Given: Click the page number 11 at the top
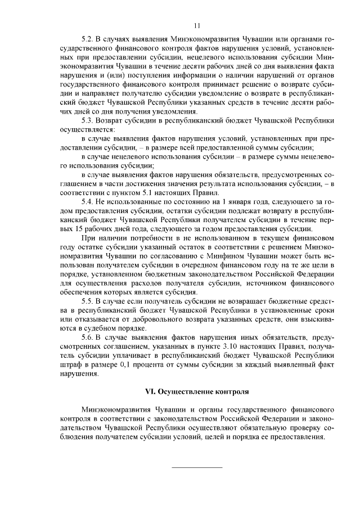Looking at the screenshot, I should (x=197, y=25).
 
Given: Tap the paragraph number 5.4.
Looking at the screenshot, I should (x=88, y=202).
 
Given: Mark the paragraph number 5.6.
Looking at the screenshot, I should (x=88, y=336).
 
